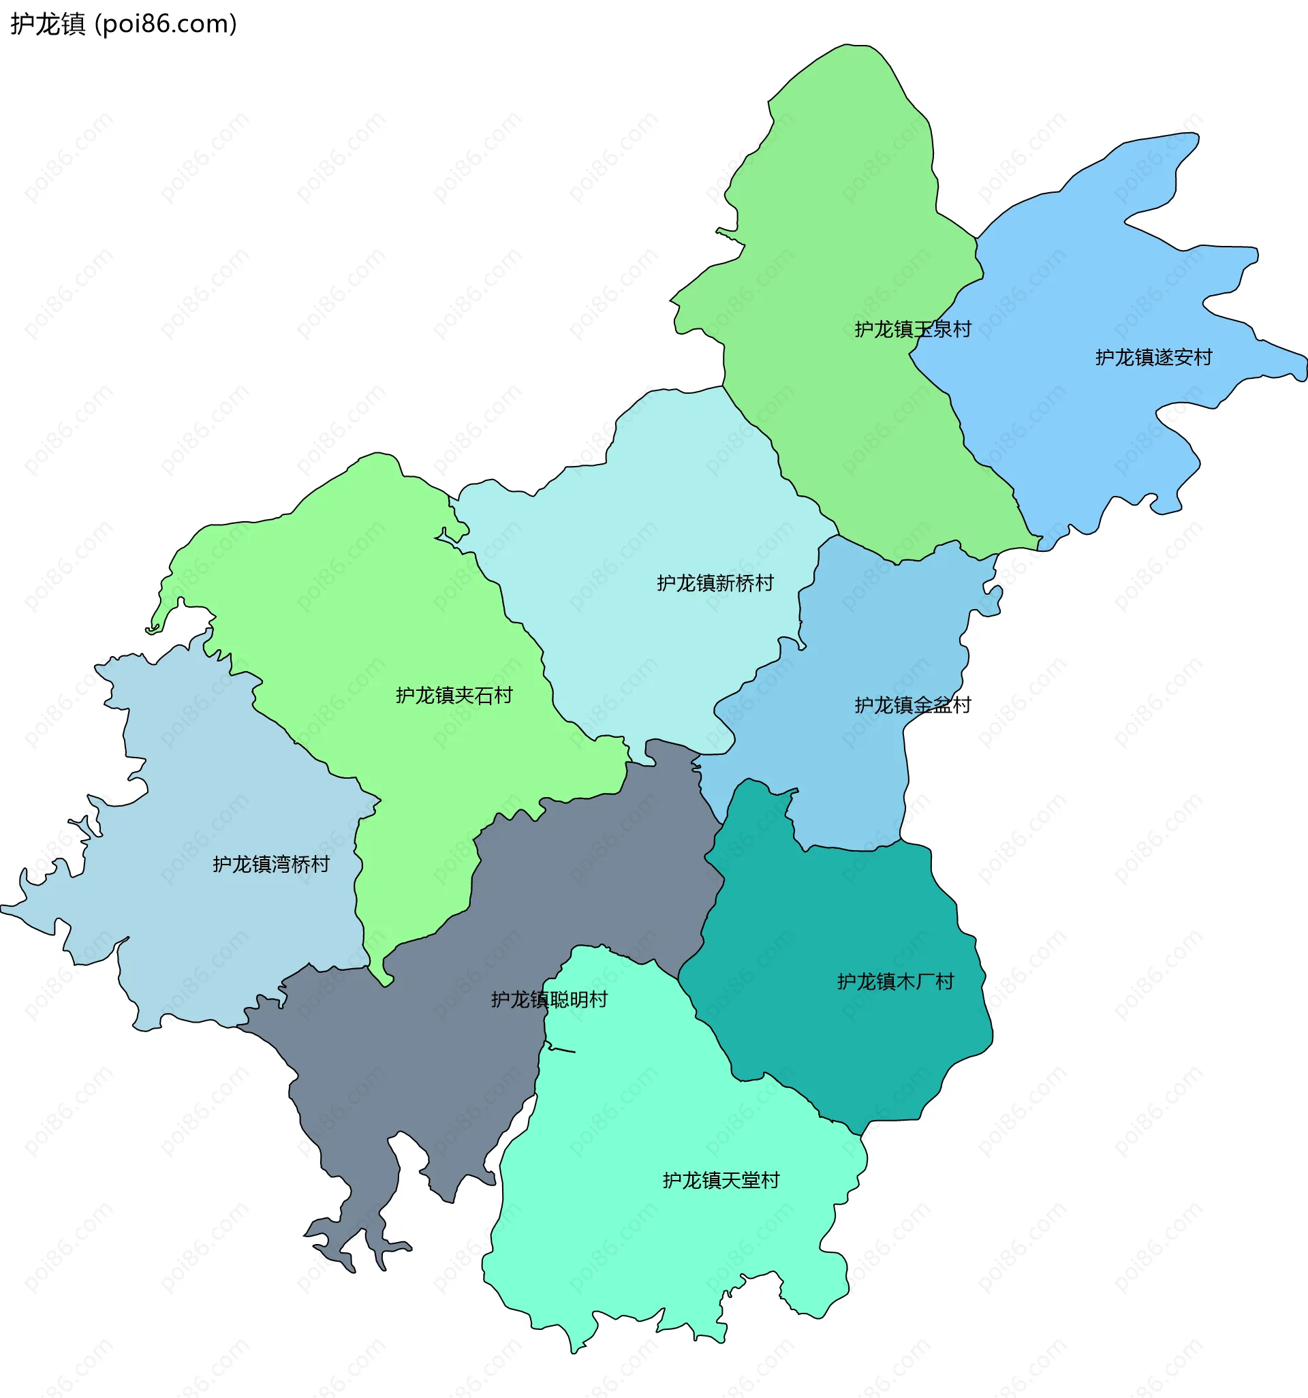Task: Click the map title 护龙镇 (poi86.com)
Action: point(123,24)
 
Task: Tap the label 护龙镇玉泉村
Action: point(912,329)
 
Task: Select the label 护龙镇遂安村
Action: point(1153,357)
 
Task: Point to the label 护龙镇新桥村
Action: point(715,583)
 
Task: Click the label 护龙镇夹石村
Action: point(454,696)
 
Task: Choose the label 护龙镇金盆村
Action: point(912,704)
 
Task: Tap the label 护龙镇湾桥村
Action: point(270,865)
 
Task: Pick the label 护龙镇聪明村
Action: point(548,999)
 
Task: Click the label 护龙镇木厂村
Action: point(894,981)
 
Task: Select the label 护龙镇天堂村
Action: point(721,1180)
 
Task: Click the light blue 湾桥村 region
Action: point(211,928)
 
